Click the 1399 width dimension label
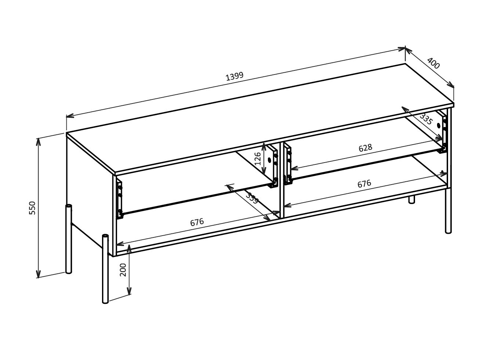point(234,76)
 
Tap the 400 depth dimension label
point(433,63)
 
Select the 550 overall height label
point(32,208)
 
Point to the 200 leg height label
point(123,270)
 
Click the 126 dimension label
point(258,159)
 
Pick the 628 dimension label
point(365,148)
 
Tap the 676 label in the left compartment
point(197,222)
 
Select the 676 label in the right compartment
point(364,183)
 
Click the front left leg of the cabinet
point(105,270)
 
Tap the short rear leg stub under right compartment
point(412,199)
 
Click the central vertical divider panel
point(282,180)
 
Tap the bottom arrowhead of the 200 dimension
point(129,292)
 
